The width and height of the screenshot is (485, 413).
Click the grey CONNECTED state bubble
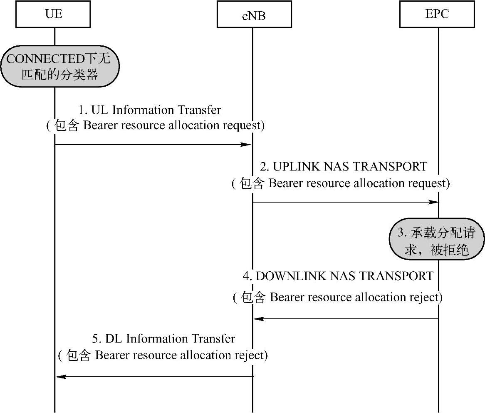click(x=60, y=66)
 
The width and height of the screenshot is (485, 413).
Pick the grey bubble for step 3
click(x=437, y=239)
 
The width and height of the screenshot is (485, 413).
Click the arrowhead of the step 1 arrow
click(x=247, y=145)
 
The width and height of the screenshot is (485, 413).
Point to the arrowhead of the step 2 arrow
click(x=433, y=202)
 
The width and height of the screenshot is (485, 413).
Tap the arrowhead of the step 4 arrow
click(x=259, y=319)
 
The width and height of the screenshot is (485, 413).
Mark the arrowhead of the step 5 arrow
click(x=61, y=377)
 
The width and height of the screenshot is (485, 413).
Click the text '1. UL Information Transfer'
click(x=150, y=110)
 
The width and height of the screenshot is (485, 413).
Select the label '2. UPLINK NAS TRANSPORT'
click(x=344, y=167)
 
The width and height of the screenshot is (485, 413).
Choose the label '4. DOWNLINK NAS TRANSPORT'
click(x=338, y=276)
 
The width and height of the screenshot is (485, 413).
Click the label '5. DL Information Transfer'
click(x=164, y=338)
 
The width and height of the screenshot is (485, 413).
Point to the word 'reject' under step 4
click(x=425, y=298)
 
